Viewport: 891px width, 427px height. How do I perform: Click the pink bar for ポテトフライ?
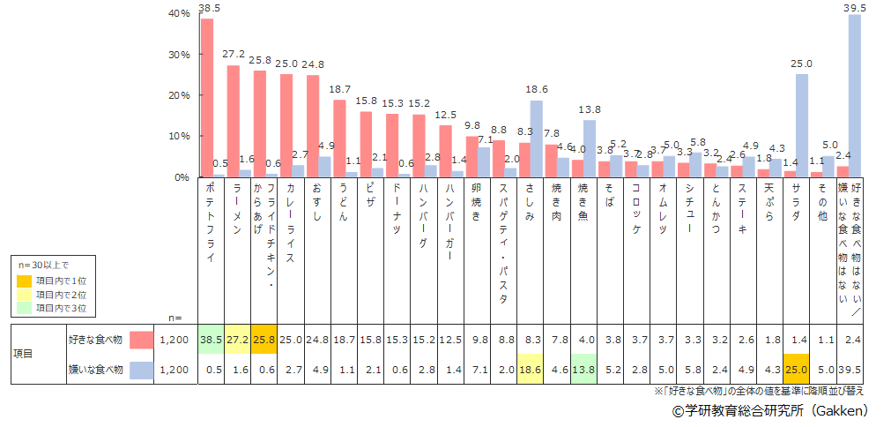pyautogui.click(x=207, y=97)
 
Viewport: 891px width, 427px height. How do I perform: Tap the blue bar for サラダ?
pyautogui.click(x=801, y=125)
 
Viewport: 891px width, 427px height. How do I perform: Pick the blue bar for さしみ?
pyautogui.click(x=536, y=139)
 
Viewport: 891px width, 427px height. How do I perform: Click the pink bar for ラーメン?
pyautogui.click(x=234, y=121)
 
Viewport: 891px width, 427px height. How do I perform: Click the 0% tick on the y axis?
pyautogui.click(x=182, y=177)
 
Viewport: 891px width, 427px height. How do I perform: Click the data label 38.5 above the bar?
pyautogui.click(x=210, y=8)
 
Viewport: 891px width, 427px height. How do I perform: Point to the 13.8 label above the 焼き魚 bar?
pyautogui.click(x=589, y=109)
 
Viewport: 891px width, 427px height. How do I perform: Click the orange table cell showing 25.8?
pyautogui.click(x=264, y=339)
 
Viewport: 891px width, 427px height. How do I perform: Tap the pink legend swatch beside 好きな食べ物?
pyautogui.click(x=142, y=339)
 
